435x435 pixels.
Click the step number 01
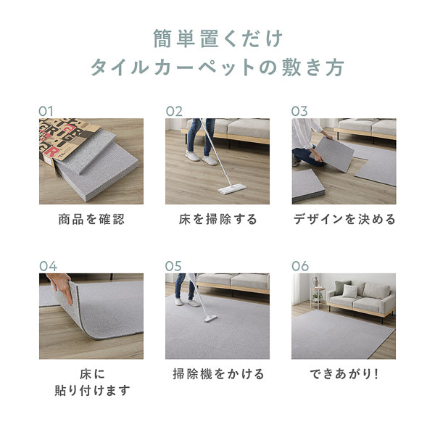(x=47, y=111)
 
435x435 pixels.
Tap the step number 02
(x=174, y=111)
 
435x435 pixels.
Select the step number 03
(x=299, y=111)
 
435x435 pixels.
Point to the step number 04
(x=48, y=265)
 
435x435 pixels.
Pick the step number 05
(x=174, y=265)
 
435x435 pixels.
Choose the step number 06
(x=300, y=265)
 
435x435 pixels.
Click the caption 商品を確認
(x=91, y=219)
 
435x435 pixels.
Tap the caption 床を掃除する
(x=217, y=219)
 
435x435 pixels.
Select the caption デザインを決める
(x=344, y=219)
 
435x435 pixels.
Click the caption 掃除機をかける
(x=217, y=374)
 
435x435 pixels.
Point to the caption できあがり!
(x=344, y=374)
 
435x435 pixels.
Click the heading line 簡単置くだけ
(x=217, y=38)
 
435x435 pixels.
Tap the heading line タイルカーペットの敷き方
(x=217, y=68)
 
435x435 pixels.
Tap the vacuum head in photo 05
(x=210, y=318)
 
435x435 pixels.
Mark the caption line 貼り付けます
(x=91, y=391)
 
